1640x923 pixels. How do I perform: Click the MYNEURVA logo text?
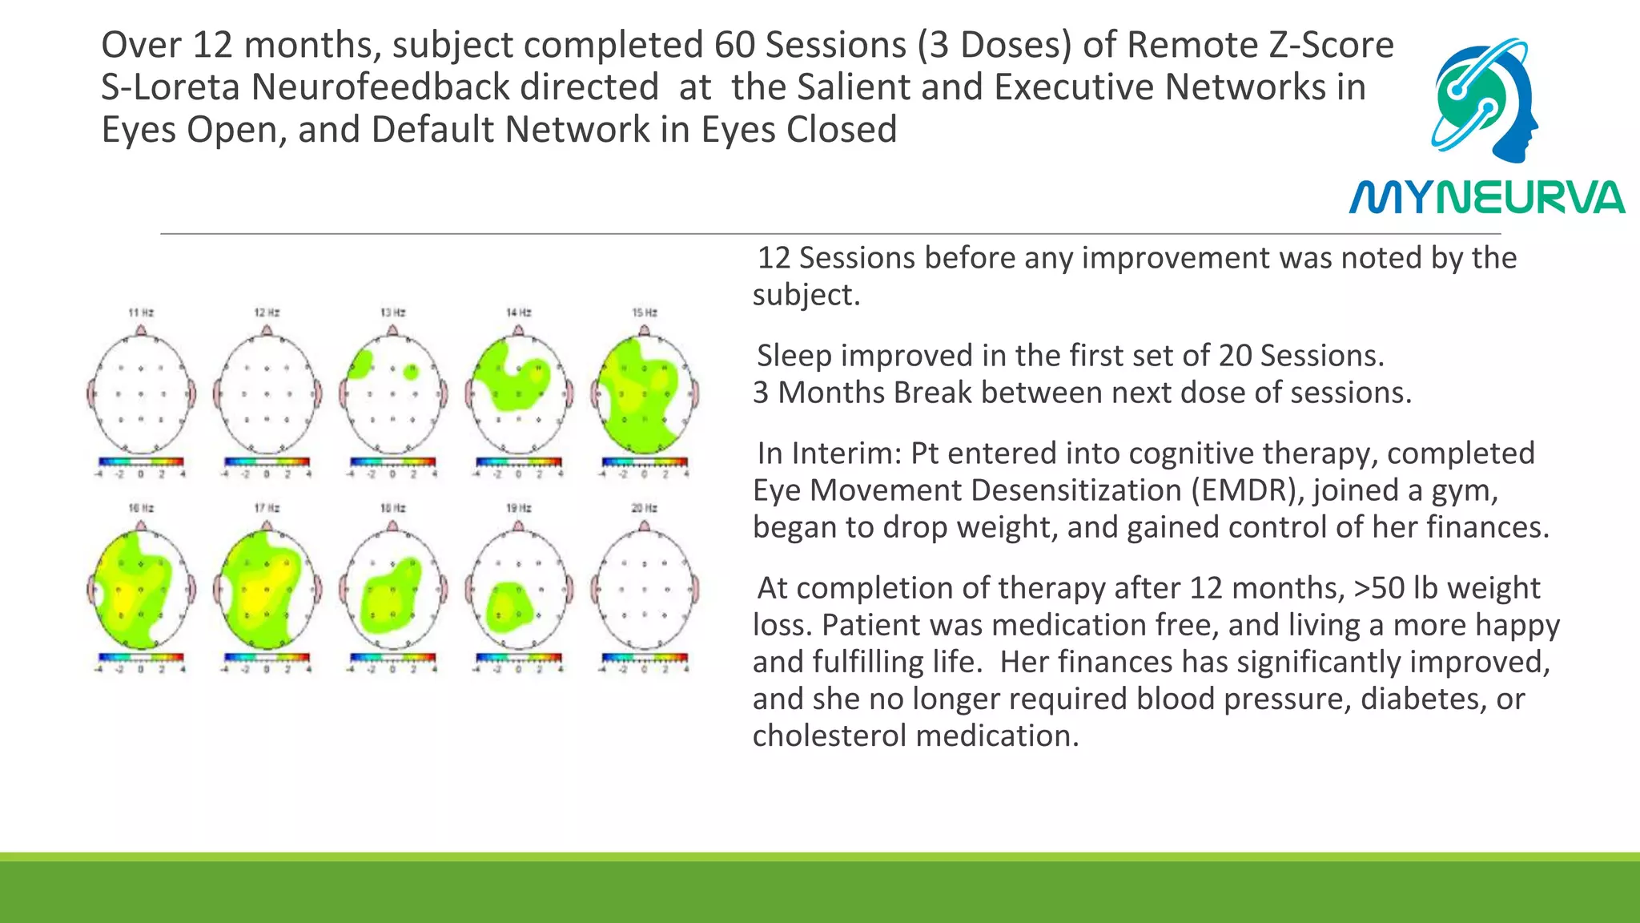tap(1486, 197)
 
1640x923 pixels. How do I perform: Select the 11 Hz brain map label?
tap(141, 312)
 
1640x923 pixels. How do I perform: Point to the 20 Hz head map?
tap(645, 590)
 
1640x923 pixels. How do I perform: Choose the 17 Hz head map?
tap(267, 590)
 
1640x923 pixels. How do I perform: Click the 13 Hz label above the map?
tap(392, 312)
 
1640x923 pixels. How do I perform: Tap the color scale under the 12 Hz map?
tap(267, 462)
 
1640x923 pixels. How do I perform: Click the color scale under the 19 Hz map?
tap(518, 658)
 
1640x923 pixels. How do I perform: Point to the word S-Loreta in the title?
tap(170, 87)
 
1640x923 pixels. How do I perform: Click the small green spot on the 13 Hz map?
tap(411, 372)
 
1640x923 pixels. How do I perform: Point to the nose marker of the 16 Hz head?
tap(141, 526)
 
